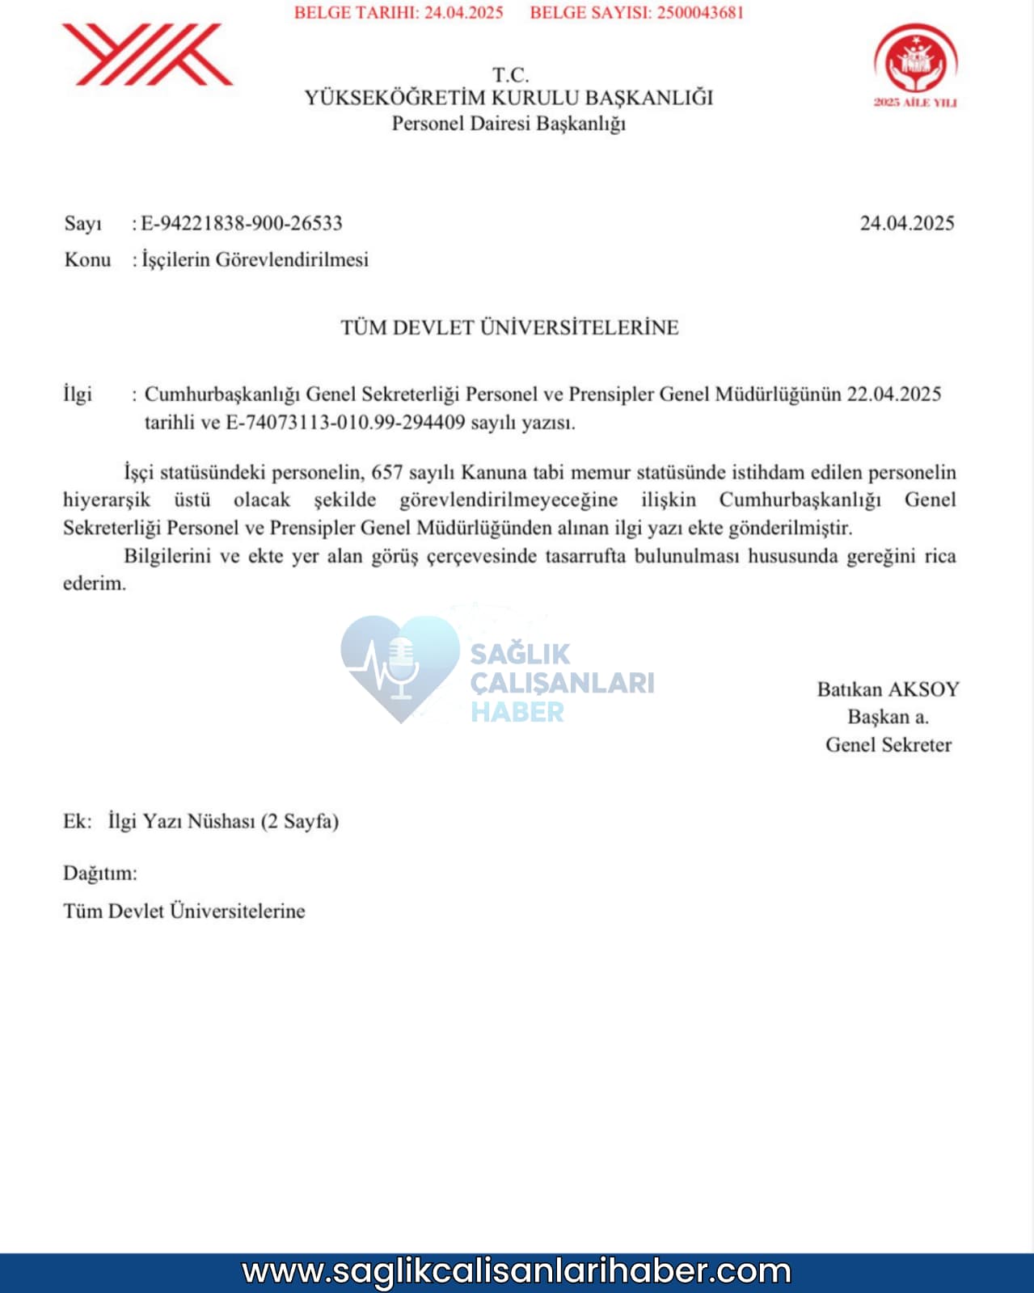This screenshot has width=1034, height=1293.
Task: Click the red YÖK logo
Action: coord(147,54)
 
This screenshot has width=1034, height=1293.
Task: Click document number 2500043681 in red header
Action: coord(699,13)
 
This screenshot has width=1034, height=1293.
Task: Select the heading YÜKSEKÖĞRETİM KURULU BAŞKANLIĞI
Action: coord(509,98)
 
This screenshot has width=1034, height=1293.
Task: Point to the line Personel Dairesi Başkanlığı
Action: coord(509,124)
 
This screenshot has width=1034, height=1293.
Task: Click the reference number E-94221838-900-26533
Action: coord(242,223)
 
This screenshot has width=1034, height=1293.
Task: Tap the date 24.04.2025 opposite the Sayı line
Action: coord(906,223)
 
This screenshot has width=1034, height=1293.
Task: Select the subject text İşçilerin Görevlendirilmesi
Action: coord(255,259)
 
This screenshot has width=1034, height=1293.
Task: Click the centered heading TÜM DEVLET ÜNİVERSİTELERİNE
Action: coord(509,327)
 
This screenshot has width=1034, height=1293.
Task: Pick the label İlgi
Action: coord(78,394)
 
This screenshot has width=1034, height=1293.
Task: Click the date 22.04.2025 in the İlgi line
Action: coord(894,394)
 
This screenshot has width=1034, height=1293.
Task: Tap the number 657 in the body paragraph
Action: coord(387,472)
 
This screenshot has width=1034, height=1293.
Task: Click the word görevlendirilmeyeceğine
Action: coord(508,499)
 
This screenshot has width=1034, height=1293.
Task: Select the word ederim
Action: coord(95,583)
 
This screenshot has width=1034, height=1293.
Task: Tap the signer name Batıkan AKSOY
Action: coord(888,689)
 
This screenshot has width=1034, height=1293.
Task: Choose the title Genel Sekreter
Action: coord(888,744)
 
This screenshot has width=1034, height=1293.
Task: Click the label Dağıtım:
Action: coord(100,874)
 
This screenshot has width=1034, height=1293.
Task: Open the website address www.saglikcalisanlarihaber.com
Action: coord(517,1271)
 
